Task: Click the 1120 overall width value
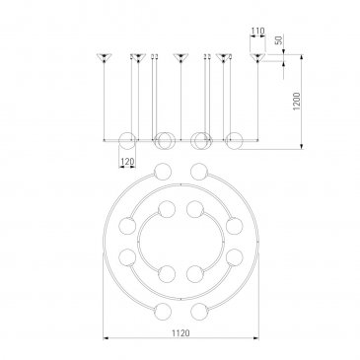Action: click(180, 332)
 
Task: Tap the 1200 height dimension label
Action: click(297, 101)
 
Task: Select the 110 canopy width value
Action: click(257, 32)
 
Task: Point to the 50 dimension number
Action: click(278, 40)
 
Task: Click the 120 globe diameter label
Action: click(127, 162)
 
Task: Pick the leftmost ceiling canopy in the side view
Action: click(105, 57)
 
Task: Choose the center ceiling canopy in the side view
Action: click(180, 57)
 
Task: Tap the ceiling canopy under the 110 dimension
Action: click(257, 57)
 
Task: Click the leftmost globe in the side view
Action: click(127, 140)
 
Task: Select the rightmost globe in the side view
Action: click(235, 140)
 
